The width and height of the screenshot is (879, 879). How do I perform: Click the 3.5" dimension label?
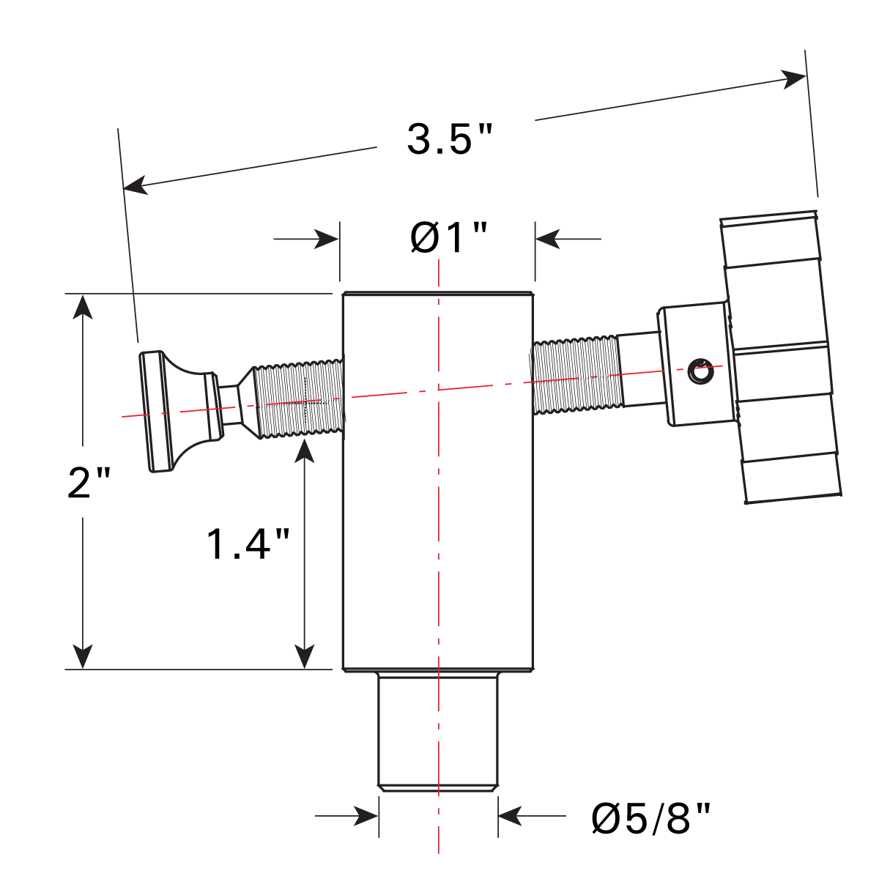[x=450, y=139]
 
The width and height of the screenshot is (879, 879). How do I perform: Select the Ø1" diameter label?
[x=448, y=238]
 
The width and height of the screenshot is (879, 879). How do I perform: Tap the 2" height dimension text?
[x=89, y=483]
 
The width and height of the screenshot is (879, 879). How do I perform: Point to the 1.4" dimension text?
[x=248, y=544]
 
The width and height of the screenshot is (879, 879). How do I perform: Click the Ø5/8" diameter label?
[x=651, y=818]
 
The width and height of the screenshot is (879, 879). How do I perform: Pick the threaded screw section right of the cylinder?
[x=577, y=375]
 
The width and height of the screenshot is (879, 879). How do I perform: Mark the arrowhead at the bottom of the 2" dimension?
[x=84, y=656]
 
